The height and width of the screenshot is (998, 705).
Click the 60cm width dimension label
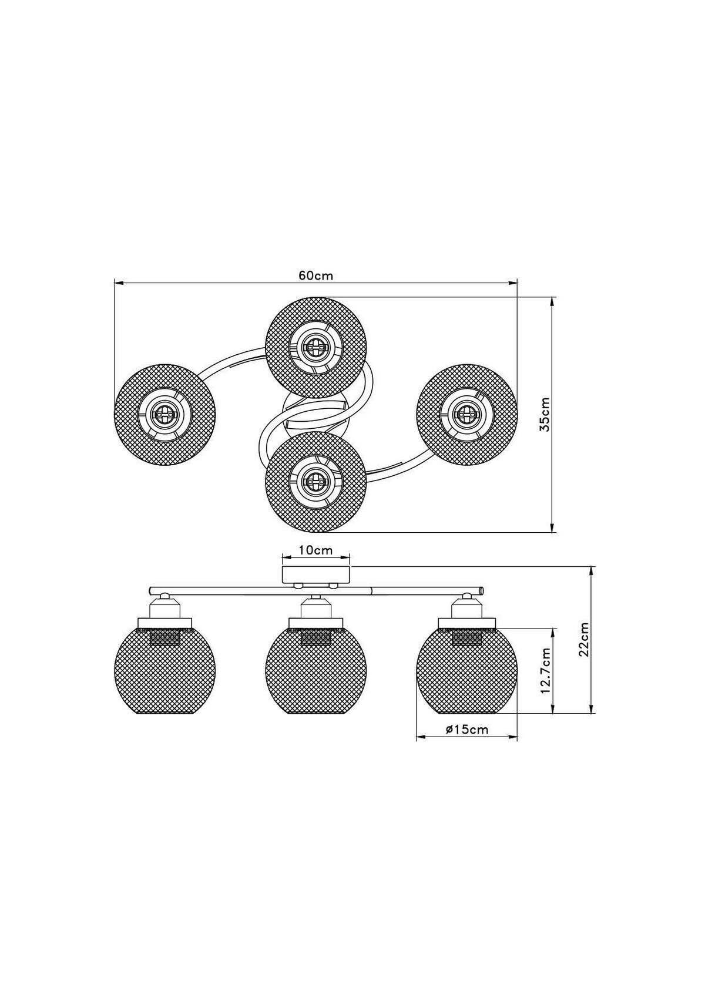(x=315, y=275)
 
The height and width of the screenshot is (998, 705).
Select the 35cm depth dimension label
(x=545, y=414)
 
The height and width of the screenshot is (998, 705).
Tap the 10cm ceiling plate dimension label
(x=315, y=550)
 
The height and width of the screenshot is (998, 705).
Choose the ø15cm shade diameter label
(x=466, y=730)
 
